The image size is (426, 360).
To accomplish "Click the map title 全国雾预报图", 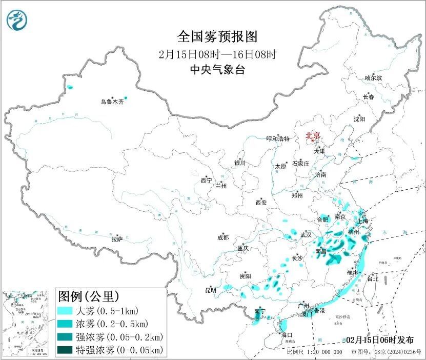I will coord(217,37).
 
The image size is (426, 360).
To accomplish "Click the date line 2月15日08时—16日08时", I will coord(217,54).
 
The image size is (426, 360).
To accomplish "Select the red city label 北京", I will coord(313,136).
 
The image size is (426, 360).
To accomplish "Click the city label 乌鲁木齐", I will coord(112,102).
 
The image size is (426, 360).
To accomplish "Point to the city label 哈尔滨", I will coord(373,78).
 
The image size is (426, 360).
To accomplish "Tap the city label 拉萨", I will coord(117,239).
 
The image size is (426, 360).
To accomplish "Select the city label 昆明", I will coord(211,290).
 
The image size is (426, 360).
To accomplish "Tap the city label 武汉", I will coord(306,234).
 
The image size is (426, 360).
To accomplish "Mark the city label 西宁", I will coord(206,181).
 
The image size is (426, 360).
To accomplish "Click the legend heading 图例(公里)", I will coord(89,296).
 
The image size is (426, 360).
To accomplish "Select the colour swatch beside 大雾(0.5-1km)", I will coord(66,311).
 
